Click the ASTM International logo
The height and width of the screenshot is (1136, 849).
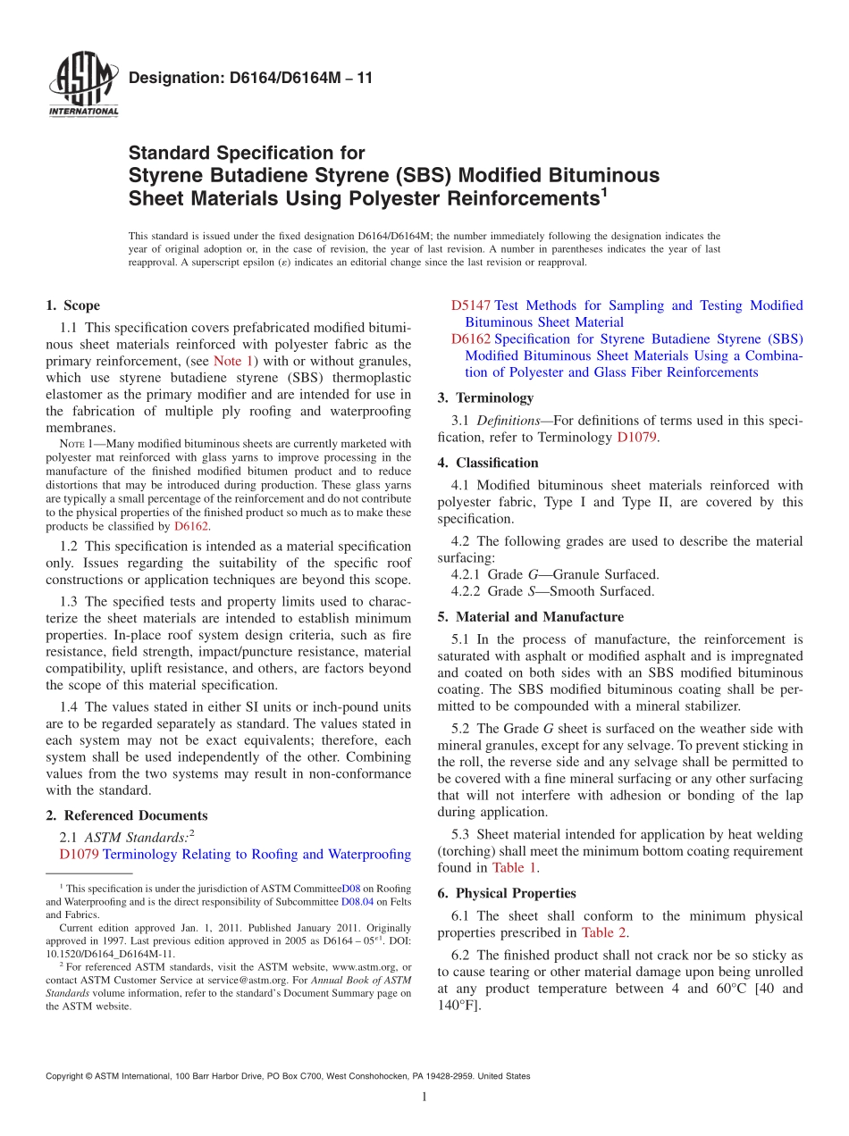(x=82, y=86)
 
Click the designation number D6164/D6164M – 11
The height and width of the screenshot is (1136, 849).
(x=250, y=79)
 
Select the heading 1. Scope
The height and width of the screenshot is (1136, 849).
(x=72, y=305)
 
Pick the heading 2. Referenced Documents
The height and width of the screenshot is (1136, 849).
(x=126, y=815)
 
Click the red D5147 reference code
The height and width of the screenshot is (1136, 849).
(x=470, y=305)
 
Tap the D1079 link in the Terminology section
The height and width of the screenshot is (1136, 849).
(x=638, y=438)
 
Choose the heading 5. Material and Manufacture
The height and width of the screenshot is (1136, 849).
(x=530, y=616)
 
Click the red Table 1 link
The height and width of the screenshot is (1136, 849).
(x=515, y=867)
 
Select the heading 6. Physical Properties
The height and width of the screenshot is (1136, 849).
(x=507, y=893)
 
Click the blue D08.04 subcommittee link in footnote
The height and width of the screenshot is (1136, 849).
(x=357, y=902)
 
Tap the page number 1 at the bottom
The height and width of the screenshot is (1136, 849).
(x=424, y=1098)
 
